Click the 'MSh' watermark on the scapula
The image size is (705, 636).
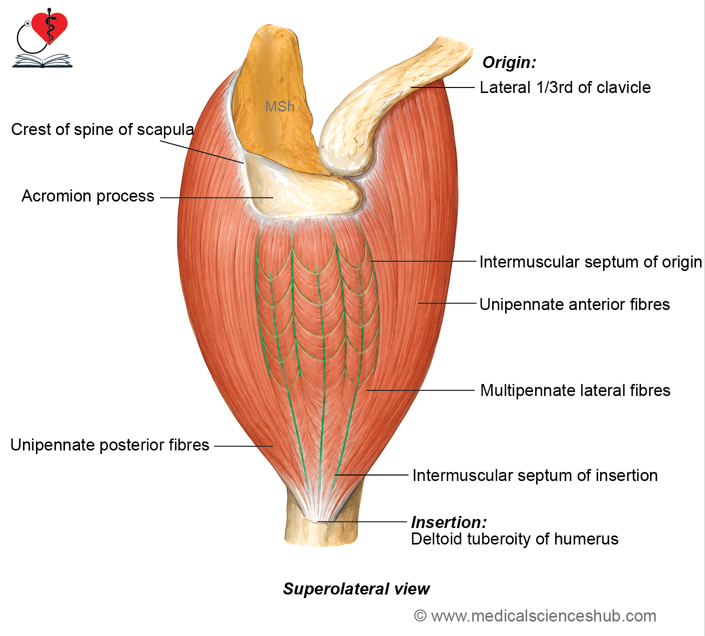tap(280, 106)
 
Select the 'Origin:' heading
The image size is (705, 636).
tap(509, 62)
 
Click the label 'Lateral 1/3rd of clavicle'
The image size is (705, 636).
tap(565, 87)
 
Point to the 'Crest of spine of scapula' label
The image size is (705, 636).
tap(102, 129)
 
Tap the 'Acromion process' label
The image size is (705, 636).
tap(88, 196)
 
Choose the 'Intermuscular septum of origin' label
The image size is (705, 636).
tap(591, 262)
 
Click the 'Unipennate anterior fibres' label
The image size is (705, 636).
tap(575, 304)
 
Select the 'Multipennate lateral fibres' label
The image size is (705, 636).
tap(575, 390)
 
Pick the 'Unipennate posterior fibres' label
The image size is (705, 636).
tap(109, 445)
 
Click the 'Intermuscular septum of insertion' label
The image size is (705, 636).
tap(535, 475)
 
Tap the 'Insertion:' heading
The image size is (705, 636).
tap(449, 522)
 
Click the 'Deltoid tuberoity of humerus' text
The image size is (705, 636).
tap(515, 539)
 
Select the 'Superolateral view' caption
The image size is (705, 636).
tap(356, 589)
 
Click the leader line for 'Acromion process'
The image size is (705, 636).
tap(216, 197)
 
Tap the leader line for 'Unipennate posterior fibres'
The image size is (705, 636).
tap(243, 446)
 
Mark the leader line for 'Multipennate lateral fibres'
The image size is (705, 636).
tap(421, 390)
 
